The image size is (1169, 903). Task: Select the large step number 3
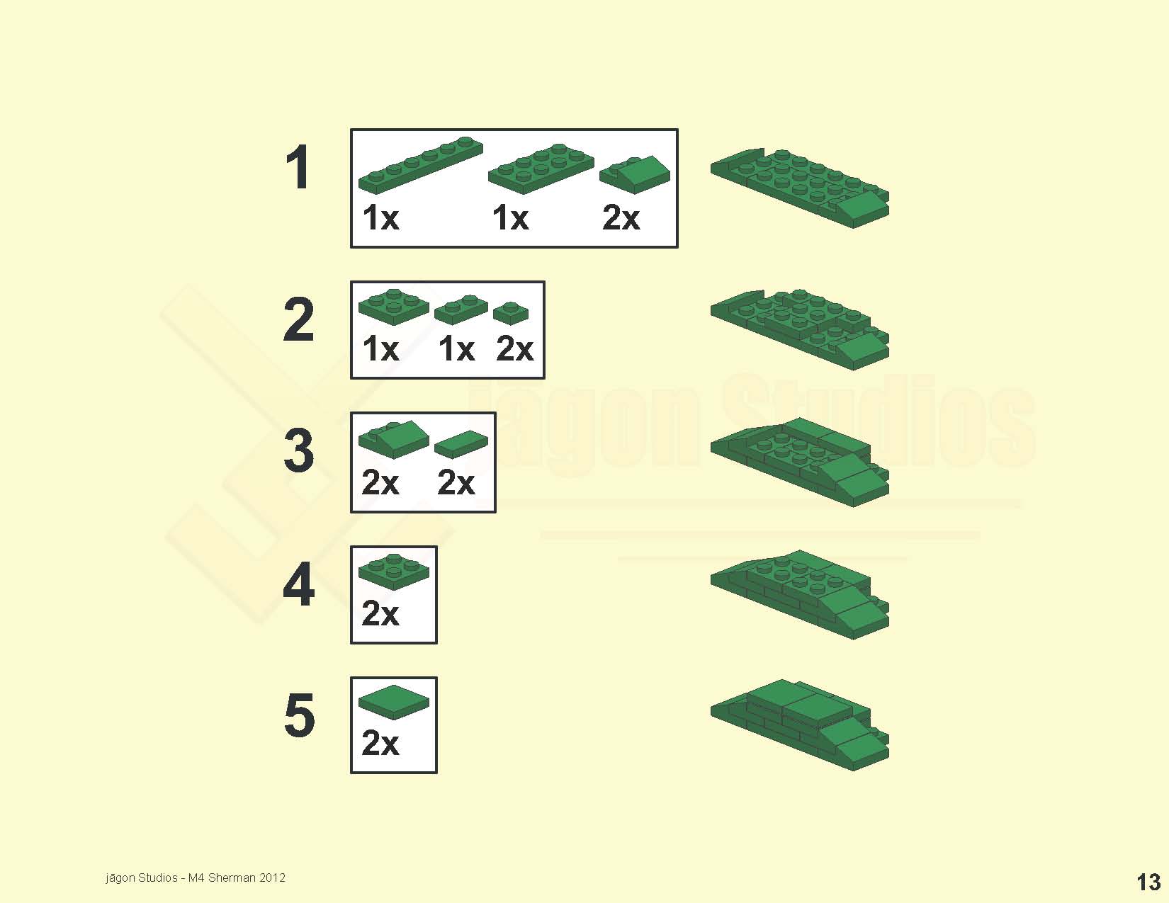[298, 450]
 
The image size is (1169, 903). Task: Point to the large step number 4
[298, 584]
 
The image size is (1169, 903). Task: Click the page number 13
[1148, 882]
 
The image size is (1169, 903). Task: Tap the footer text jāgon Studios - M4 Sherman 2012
[196, 878]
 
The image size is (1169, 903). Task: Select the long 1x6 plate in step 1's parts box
[421, 165]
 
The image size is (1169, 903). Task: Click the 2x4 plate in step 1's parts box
[541, 169]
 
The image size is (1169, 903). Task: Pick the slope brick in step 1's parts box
[635, 174]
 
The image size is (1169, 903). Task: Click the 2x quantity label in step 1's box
[621, 218]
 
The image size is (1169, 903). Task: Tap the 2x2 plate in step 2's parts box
[394, 307]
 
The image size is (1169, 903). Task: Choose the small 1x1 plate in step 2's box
[511, 313]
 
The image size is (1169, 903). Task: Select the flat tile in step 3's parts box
[461, 444]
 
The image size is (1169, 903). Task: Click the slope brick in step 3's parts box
[394, 439]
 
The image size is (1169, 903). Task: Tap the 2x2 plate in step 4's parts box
[394, 572]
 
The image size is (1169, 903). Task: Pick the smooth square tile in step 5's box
[394, 703]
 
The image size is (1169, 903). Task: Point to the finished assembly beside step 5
[799, 725]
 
